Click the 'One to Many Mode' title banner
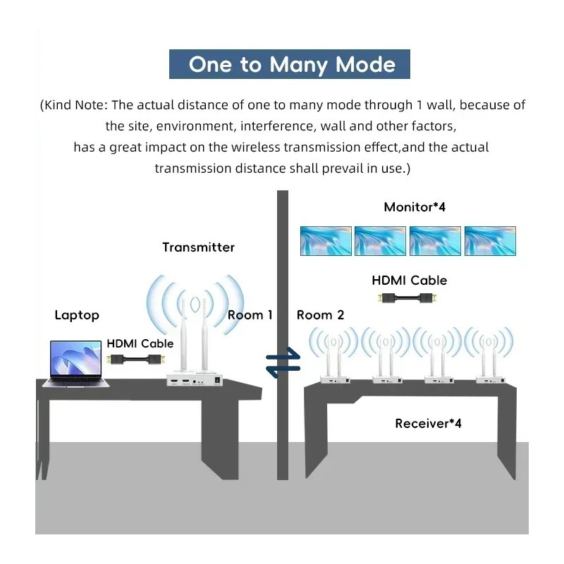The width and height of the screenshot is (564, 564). tap(290, 64)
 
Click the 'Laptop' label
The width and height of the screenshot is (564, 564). tap(77, 315)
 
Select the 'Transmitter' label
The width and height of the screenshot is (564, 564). tap(198, 247)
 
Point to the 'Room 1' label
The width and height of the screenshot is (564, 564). tap(250, 315)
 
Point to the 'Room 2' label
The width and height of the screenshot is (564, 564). tap(320, 315)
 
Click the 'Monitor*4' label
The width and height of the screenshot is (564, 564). tap(415, 207)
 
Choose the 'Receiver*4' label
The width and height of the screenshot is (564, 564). tap(428, 424)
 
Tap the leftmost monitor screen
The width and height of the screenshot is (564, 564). tap(326, 240)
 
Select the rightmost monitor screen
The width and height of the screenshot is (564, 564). tap(490, 240)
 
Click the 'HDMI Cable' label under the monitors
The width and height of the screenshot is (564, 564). tap(409, 281)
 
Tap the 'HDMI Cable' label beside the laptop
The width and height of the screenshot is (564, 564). tap(140, 344)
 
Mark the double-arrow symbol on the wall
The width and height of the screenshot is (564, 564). tap(283, 364)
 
